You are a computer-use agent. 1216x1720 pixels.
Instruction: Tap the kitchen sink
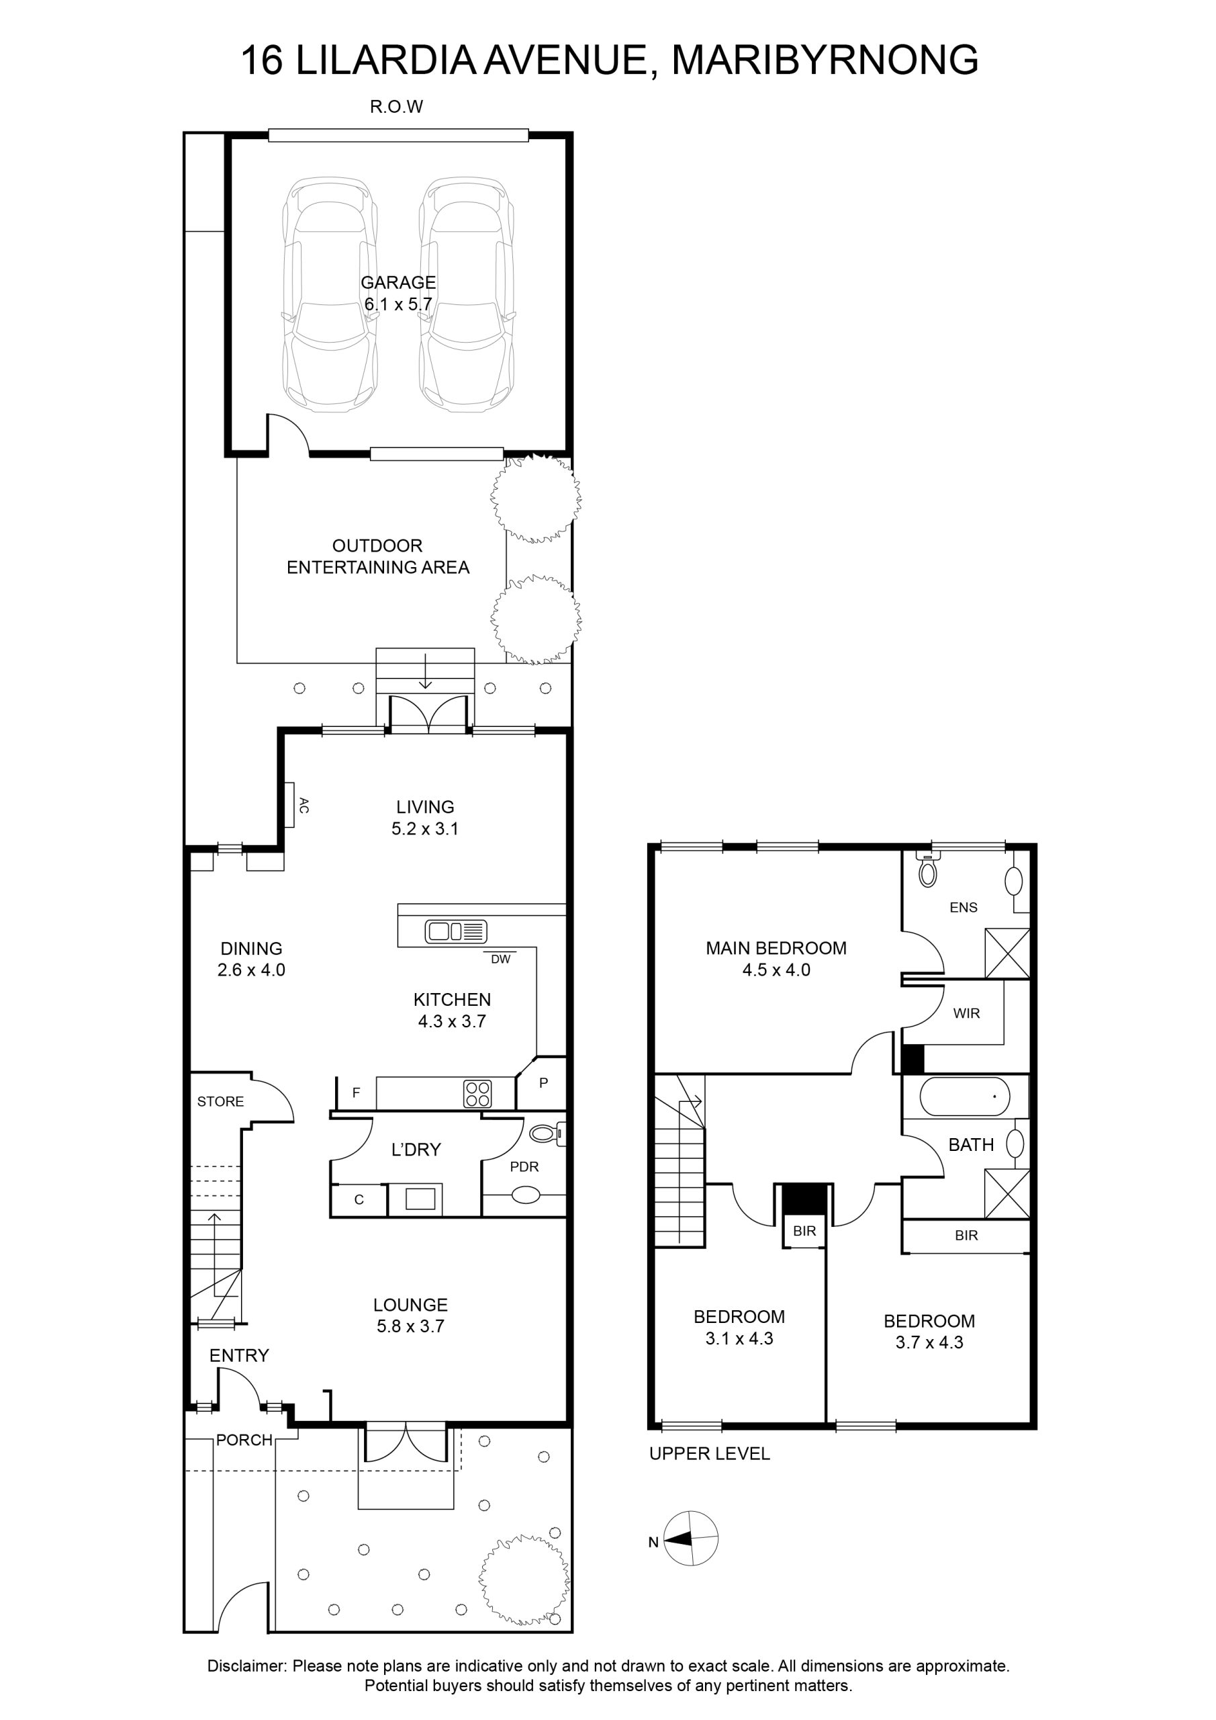[456, 931]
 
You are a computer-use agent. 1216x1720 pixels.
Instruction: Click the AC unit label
[304, 806]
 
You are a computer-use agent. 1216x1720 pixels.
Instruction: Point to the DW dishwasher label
[500, 959]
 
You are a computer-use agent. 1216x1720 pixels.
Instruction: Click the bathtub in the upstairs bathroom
[964, 1096]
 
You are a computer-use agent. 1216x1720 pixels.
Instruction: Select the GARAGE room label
[398, 282]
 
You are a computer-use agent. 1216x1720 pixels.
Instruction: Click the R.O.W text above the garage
[397, 107]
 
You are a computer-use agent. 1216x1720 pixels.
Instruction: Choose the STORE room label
[220, 1101]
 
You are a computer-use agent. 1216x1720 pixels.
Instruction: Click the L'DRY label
[416, 1149]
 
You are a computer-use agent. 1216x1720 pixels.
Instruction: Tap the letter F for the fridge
[357, 1093]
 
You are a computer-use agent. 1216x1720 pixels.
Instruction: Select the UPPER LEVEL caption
[709, 1453]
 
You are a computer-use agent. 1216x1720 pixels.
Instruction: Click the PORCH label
[244, 1440]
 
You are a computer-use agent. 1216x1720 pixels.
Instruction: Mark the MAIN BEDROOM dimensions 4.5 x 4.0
[776, 970]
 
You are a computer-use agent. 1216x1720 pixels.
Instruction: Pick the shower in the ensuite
[1007, 953]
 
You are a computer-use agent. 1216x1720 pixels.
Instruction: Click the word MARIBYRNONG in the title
[825, 60]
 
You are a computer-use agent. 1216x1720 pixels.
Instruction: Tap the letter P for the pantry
[544, 1082]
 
